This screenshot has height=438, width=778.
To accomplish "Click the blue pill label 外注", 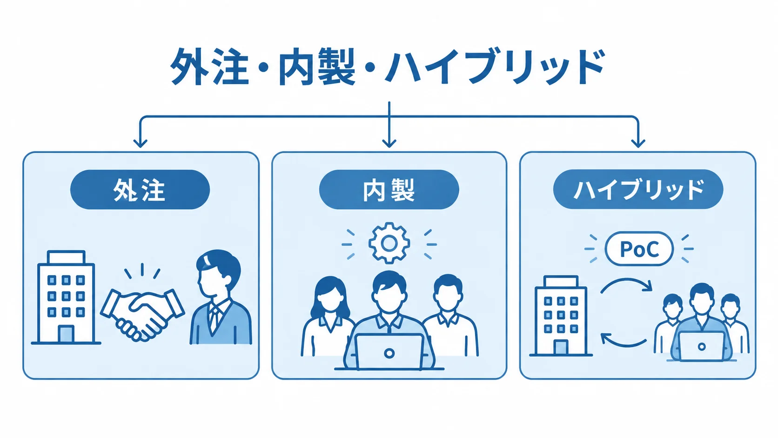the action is pos(140,189).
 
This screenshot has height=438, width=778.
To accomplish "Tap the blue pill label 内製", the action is pos(389,189).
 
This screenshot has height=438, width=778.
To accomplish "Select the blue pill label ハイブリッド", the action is pos(638,189).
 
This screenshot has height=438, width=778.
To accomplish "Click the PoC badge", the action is pos(639,249).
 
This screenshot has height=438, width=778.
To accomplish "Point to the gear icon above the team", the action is pos(389,243).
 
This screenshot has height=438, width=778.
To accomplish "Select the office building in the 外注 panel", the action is pos(66,297).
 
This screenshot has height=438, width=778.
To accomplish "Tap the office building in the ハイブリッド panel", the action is pos(561,316).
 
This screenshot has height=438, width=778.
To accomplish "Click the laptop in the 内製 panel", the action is pos(389,351).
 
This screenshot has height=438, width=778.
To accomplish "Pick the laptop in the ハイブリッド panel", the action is pos(701,346).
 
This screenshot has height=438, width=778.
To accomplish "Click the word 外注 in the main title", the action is pos(209,66).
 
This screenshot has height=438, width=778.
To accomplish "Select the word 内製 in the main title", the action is pos(317,66).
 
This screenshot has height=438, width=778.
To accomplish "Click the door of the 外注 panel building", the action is pos(66,334).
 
